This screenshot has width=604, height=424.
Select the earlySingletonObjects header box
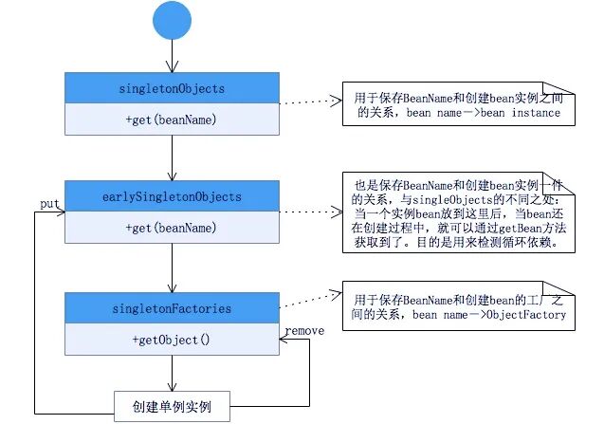pos(171,196)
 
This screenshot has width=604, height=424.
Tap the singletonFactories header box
pos(171,307)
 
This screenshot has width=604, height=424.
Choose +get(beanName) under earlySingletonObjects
pos(171,228)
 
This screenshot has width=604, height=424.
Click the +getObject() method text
pos(171,339)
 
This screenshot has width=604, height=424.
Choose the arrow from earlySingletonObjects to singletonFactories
pos(171,267)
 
